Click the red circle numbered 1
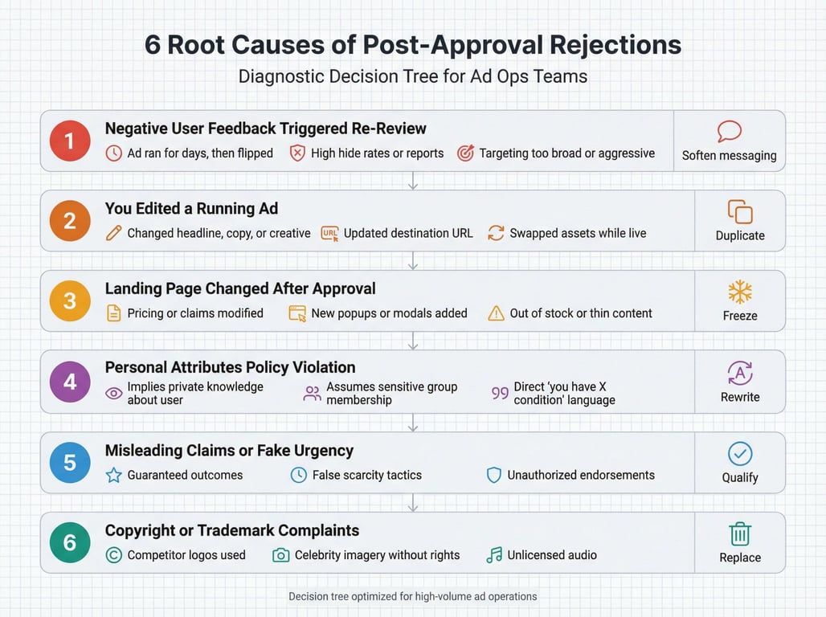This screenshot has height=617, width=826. tap(70, 141)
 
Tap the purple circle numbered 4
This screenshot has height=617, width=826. tap(70, 382)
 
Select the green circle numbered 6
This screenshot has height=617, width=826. tap(70, 542)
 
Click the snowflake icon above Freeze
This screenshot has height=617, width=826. tap(739, 291)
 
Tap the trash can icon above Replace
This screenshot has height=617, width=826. tap(739, 533)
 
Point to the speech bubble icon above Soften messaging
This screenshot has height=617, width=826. tap(729, 131)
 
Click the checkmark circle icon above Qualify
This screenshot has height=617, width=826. tap(739, 454)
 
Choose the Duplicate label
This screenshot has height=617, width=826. tap(740, 235)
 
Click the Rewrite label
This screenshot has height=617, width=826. tap(740, 397)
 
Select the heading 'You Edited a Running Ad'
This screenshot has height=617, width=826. tap(191, 209)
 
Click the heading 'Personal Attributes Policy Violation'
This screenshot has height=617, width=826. tap(230, 367)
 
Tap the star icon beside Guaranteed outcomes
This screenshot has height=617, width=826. tap(114, 475)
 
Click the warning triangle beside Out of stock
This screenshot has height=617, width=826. tap(497, 313)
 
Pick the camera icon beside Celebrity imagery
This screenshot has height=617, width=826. tap(280, 555)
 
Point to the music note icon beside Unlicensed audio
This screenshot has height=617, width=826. tap(494, 555)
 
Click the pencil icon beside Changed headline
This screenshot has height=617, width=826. tap(114, 233)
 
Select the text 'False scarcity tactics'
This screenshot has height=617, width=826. tap(366, 475)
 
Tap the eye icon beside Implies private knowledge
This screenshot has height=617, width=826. tap(114, 393)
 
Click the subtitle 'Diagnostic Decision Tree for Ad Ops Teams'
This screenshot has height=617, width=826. tap(413, 77)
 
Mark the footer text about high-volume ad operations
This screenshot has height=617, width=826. tap(413, 596)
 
